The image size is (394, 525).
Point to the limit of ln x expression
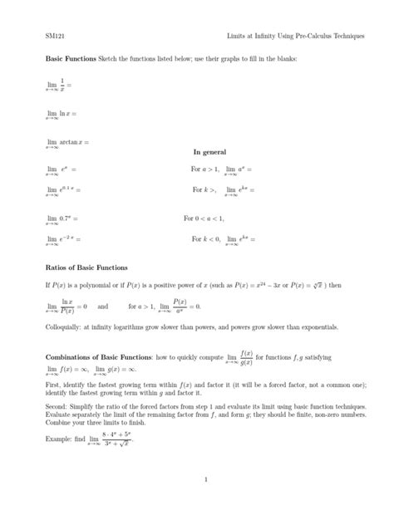(x=63, y=113)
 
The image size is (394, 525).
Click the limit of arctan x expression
(x=66, y=142)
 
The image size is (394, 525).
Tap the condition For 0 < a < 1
(x=204, y=218)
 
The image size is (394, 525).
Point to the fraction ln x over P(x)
(x=69, y=306)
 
